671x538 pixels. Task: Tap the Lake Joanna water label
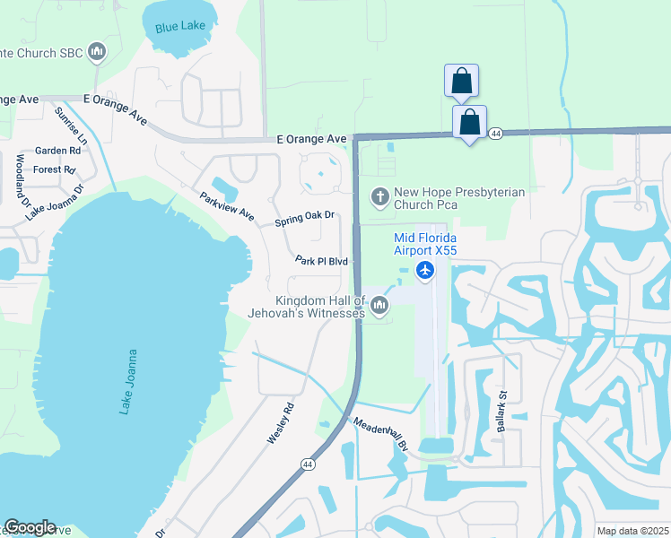[126, 381]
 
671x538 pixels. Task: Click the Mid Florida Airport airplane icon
[425, 270]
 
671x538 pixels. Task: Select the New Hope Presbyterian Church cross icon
[379, 195]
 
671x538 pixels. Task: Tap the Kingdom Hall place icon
[379, 308]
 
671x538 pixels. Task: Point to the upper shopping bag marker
[461, 80]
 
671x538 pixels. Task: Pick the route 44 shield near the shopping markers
[495, 133]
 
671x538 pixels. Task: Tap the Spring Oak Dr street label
[304, 217]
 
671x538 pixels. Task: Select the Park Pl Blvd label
[321, 260]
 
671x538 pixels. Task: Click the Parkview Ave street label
[227, 207]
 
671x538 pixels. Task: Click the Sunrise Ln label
[71, 126]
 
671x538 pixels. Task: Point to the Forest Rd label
[55, 169]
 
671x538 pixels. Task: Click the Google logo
[30, 527]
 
